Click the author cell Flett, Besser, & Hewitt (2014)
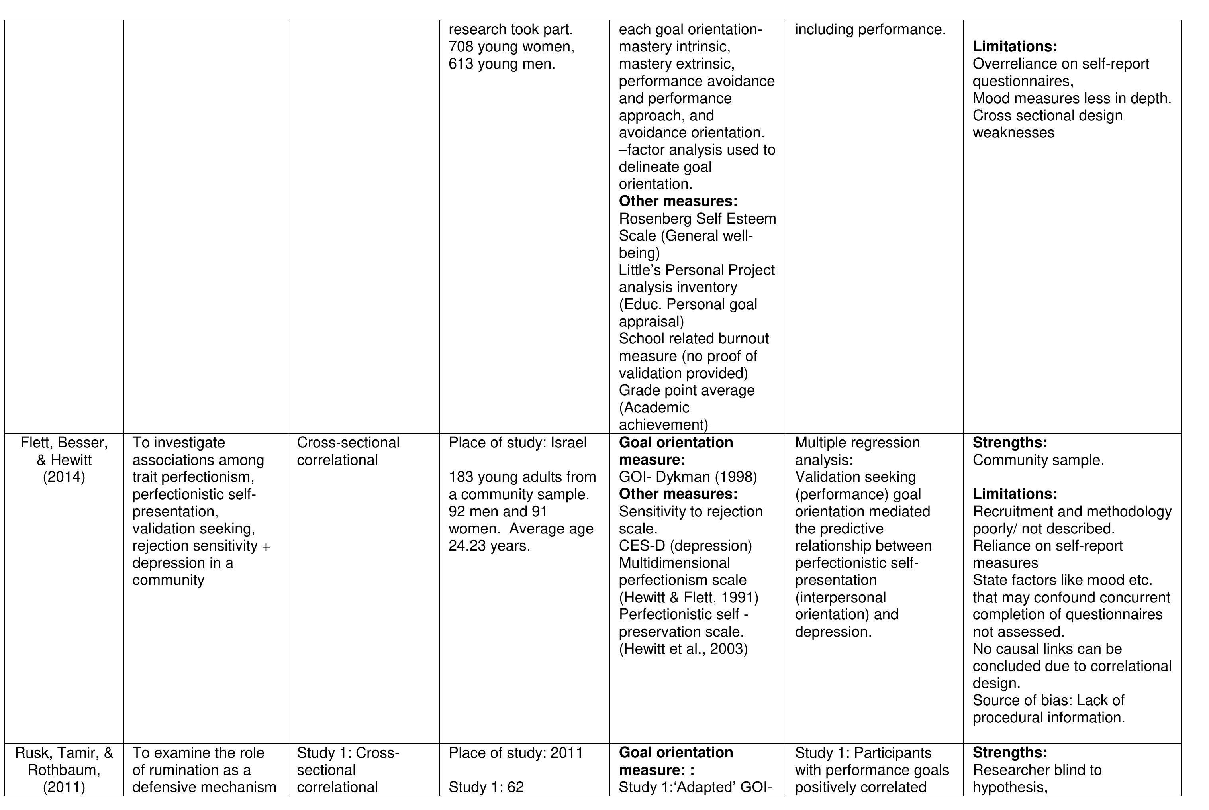(64, 460)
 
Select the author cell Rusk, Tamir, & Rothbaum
(64, 770)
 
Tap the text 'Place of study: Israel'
(517, 443)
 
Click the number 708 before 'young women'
(460, 47)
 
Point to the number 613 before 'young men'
(460, 64)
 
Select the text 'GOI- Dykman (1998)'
(688, 477)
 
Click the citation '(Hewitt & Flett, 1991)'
(688, 598)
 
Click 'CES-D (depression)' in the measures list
(685, 546)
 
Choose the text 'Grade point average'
(686, 390)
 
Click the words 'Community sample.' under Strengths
(1038, 460)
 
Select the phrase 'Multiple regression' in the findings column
(857, 443)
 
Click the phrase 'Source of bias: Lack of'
(1048, 700)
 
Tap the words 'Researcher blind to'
(1037, 770)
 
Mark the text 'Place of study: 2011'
(515, 753)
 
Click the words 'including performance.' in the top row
(870, 30)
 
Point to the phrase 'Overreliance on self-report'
(1061, 64)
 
